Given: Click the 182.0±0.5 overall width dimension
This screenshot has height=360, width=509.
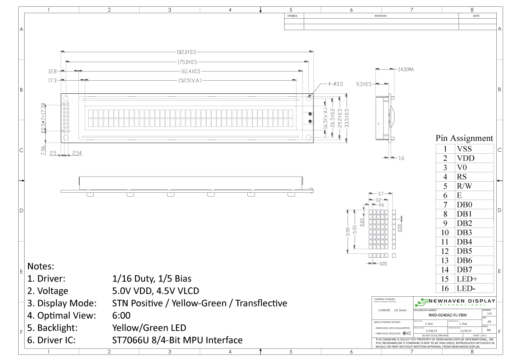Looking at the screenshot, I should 187,52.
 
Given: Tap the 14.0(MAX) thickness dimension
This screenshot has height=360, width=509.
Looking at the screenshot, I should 406,69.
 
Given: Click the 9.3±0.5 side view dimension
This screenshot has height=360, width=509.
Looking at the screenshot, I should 364,84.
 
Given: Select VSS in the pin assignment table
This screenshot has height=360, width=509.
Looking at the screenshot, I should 464,149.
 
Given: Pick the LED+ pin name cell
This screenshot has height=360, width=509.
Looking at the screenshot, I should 467,279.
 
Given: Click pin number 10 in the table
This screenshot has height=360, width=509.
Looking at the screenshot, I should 445,233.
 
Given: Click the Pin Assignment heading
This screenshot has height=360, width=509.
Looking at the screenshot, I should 464,138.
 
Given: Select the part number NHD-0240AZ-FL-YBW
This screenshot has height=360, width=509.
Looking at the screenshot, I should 447,315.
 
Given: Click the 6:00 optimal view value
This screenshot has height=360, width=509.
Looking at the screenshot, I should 121,315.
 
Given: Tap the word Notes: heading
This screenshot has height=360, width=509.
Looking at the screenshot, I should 41,266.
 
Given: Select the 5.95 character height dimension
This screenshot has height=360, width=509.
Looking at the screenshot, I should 348,231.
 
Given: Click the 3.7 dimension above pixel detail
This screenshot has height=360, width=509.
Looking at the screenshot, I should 380,194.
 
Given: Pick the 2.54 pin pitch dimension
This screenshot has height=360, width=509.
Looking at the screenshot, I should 77,153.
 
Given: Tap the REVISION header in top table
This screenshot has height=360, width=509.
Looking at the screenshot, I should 380,16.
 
